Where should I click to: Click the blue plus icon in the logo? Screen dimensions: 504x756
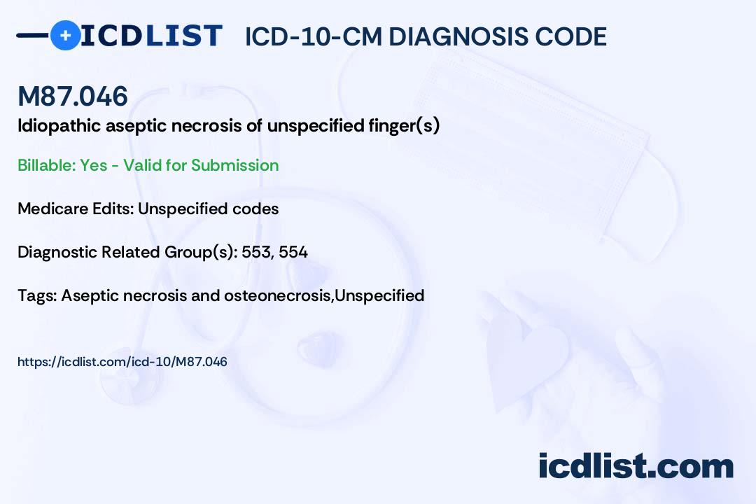click(65, 35)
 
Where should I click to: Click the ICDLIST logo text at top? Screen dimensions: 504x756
click(151, 35)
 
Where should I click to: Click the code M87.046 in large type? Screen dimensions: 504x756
click(73, 96)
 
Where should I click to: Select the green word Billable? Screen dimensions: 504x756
click(45, 165)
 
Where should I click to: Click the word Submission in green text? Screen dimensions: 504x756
click(234, 165)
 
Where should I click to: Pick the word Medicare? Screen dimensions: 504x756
click(50, 209)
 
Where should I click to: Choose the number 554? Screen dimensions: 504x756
click(293, 252)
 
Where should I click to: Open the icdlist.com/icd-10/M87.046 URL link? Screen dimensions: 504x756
click(122, 362)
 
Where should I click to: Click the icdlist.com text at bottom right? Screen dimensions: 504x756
click(636, 465)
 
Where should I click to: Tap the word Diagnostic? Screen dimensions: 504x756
click(57, 252)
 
